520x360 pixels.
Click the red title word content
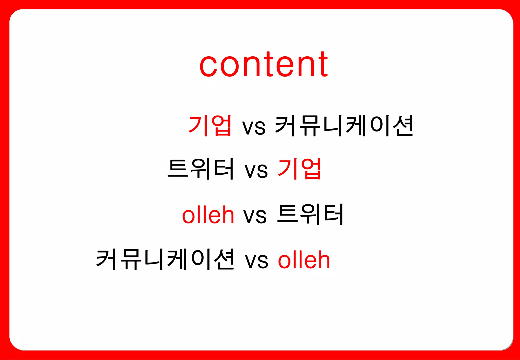[x=264, y=65]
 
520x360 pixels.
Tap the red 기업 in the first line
[x=210, y=125]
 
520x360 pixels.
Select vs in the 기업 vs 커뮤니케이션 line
[x=254, y=127]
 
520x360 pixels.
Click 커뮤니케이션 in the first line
[x=344, y=125]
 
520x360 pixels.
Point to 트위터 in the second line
[x=201, y=169]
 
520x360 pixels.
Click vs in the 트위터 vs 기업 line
[x=256, y=170]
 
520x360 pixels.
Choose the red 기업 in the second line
[x=300, y=169]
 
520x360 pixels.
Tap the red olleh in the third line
[x=208, y=215]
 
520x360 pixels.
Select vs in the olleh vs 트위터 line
[x=255, y=216]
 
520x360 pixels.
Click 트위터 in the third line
[x=310, y=214]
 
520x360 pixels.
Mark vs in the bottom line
[x=256, y=261]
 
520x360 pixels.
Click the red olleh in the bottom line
[x=304, y=259]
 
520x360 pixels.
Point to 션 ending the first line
[x=403, y=125]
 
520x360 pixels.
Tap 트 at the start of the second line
[x=178, y=169]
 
